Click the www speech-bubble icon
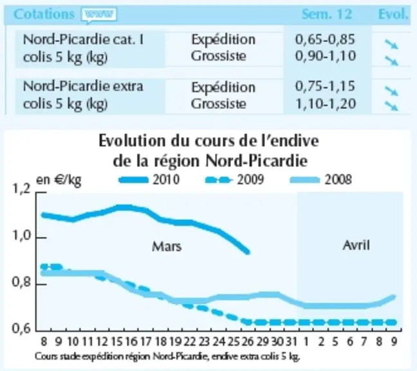(x=99, y=15)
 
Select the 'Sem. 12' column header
(x=326, y=14)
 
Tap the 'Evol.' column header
(x=393, y=14)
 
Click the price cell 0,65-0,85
(x=325, y=39)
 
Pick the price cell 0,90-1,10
(x=326, y=56)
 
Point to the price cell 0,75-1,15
(x=325, y=86)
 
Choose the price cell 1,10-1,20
(x=326, y=104)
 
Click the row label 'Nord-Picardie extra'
(x=83, y=86)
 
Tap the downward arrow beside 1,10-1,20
(x=391, y=106)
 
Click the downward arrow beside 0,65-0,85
(x=391, y=44)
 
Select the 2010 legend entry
(x=149, y=180)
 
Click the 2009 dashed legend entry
(x=234, y=180)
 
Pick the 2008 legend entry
(x=321, y=180)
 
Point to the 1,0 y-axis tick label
(x=21, y=236)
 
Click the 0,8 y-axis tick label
(x=21, y=282)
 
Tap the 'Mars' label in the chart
(x=167, y=247)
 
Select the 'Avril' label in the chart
(x=357, y=245)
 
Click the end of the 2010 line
(x=248, y=251)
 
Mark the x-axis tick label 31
(x=291, y=341)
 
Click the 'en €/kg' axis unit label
(x=59, y=180)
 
